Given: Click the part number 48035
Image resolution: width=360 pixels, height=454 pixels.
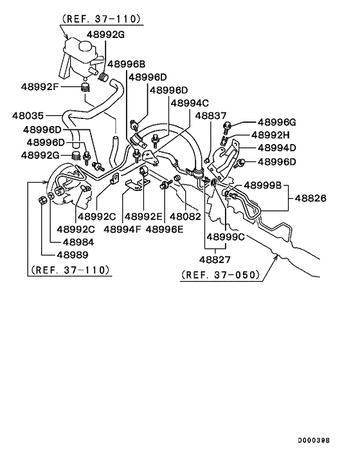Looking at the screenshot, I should (x=28, y=116).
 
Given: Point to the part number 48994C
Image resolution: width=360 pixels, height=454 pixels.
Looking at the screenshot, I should (x=190, y=102).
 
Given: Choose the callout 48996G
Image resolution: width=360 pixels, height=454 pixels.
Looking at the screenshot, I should (x=276, y=122).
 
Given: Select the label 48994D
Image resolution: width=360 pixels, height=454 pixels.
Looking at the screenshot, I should (x=276, y=148).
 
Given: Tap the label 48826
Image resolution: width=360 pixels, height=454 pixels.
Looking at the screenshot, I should (x=311, y=199).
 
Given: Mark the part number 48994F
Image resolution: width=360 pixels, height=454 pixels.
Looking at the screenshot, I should (x=123, y=228).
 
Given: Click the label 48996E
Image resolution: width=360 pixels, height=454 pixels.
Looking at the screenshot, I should (x=166, y=228).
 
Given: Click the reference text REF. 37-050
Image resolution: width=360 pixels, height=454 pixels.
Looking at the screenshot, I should (x=221, y=276).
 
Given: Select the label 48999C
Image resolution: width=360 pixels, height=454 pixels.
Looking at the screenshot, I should (x=226, y=237).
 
